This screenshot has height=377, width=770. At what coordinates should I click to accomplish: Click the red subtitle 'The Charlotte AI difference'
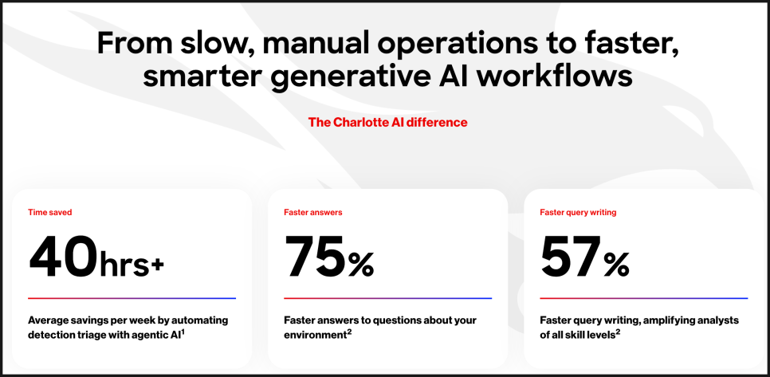(x=388, y=122)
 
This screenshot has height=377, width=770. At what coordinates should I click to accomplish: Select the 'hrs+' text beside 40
(x=131, y=266)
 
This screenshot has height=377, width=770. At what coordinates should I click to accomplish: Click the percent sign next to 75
(x=361, y=265)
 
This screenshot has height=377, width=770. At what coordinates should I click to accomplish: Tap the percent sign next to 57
(x=617, y=265)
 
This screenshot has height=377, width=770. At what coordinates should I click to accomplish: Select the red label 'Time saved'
(x=50, y=213)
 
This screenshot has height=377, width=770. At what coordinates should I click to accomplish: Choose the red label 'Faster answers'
(x=313, y=213)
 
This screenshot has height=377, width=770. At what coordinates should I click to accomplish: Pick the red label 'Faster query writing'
(x=578, y=213)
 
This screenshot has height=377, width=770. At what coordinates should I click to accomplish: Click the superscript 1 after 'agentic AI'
(x=183, y=333)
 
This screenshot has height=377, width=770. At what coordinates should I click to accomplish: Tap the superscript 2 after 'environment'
(x=345, y=333)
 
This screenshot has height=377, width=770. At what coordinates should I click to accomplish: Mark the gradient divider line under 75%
(x=388, y=298)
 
